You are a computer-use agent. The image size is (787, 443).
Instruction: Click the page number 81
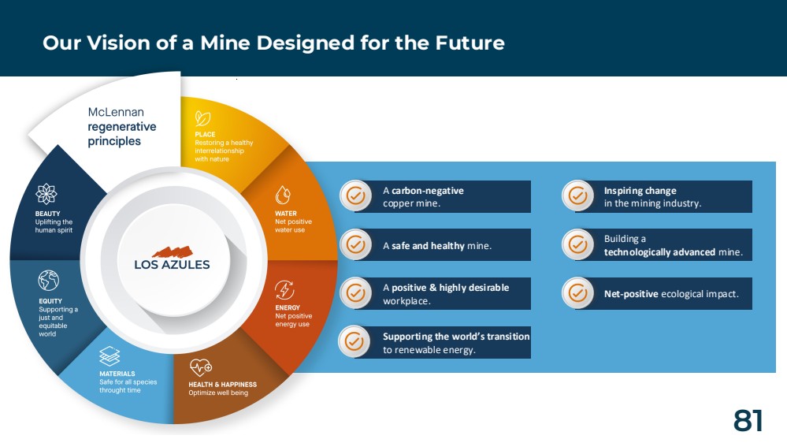[x=748, y=421]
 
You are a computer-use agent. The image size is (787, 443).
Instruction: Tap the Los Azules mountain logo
[x=173, y=251]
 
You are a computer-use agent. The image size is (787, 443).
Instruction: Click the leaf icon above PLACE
[x=202, y=118]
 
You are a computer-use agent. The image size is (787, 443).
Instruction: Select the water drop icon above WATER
[x=283, y=195]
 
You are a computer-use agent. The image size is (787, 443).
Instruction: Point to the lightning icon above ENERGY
[x=284, y=290]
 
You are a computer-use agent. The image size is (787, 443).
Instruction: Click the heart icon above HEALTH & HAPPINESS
[x=201, y=367]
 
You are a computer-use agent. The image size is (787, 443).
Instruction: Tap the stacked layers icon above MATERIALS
[x=110, y=356]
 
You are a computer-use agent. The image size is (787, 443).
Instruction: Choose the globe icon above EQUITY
[x=49, y=281]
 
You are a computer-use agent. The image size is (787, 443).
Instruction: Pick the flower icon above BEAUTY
[x=46, y=194]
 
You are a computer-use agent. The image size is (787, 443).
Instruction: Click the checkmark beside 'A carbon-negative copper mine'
[x=356, y=195]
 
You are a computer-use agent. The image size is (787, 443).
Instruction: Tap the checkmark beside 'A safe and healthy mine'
[x=356, y=244]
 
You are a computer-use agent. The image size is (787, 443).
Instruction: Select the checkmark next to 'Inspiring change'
[x=577, y=195]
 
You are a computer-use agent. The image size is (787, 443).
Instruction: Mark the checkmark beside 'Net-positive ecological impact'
[x=577, y=292]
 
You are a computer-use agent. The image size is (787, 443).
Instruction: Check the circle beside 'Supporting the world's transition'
[x=355, y=341]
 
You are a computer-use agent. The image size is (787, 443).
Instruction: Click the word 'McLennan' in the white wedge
[x=116, y=112]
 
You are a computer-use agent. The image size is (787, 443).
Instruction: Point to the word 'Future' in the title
[x=470, y=43]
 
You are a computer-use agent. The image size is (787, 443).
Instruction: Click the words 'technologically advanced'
[x=659, y=252]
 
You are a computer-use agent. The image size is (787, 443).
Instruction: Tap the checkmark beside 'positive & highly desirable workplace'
[x=356, y=292]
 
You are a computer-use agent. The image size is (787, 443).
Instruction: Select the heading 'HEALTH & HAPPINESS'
[x=222, y=384]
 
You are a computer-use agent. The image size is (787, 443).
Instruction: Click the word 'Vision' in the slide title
[x=118, y=43]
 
